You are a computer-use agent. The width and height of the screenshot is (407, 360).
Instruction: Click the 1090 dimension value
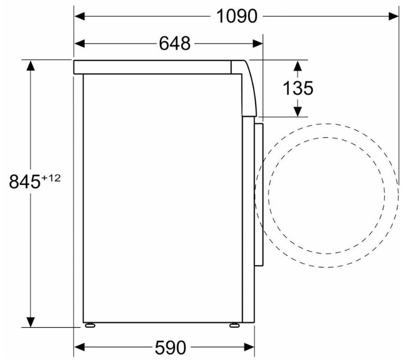pos(237,16)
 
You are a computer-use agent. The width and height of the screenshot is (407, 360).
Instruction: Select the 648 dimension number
pos(175,44)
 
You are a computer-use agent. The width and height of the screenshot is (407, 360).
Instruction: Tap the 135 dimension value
pos(298,88)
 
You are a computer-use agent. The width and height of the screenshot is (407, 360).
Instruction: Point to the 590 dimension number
pos(170,347)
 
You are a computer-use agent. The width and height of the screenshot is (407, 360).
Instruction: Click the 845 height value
pos(25,181)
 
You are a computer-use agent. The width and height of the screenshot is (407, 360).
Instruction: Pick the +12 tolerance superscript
pos(50,178)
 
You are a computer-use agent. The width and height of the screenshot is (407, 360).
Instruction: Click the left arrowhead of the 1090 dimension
pos(80,16)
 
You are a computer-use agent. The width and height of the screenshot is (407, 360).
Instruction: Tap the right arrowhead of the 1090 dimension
pos(394,16)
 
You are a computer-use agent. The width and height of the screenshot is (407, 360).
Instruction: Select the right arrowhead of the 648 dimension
pos(258,44)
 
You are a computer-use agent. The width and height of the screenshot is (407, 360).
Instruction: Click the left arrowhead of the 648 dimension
pos(80,44)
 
